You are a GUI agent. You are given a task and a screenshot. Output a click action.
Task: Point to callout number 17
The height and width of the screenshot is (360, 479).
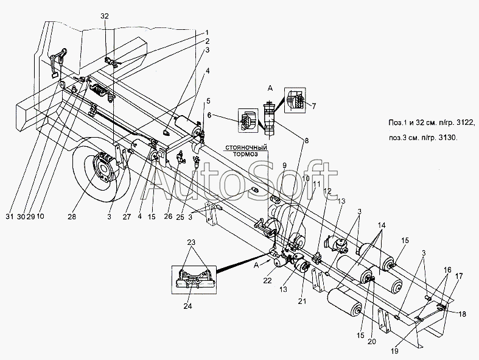click(x=460, y=276)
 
